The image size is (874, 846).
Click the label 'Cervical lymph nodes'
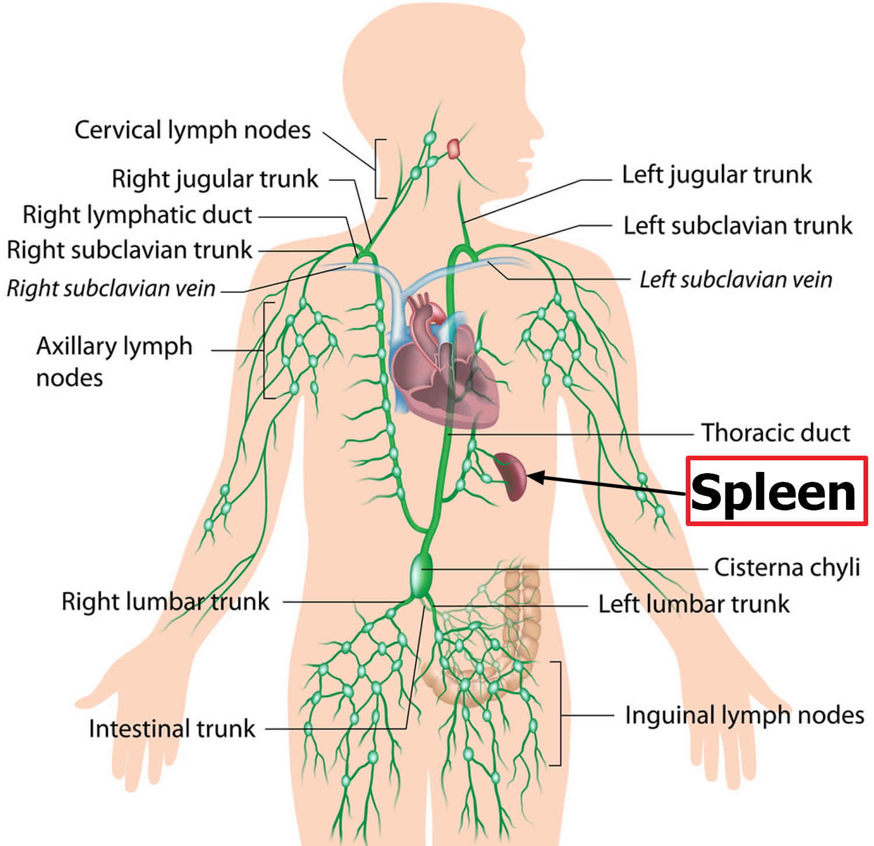coord(193,131)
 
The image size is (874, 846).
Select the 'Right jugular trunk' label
coord(215,179)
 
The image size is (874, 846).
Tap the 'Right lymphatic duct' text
coord(138,215)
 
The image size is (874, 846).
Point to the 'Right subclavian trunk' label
coord(129,250)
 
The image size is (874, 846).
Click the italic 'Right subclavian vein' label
coord(111,288)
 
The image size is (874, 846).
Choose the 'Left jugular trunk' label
coord(717,175)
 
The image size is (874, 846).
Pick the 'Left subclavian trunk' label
coord(738,225)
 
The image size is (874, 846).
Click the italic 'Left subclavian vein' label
coord(736,280)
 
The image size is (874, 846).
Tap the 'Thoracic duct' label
coord(776,433)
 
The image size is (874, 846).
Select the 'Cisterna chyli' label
coord(787,567)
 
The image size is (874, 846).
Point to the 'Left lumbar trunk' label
coord(694,604)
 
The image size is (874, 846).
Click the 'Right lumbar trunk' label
coord(165,601)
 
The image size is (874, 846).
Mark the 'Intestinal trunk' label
coord(172,728)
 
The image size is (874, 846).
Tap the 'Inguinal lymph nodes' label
coord(744,715)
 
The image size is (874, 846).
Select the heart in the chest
coord(446,367)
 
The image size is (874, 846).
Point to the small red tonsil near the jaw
coord(453,149)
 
